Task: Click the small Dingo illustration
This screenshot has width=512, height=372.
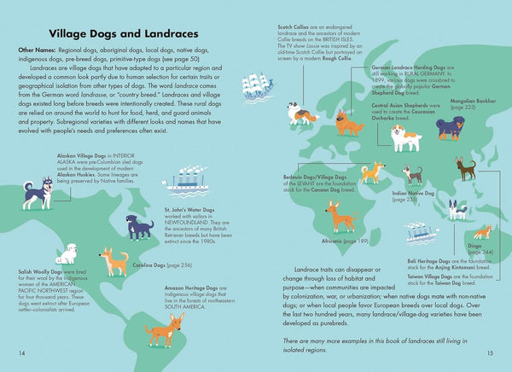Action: (482, 231)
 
